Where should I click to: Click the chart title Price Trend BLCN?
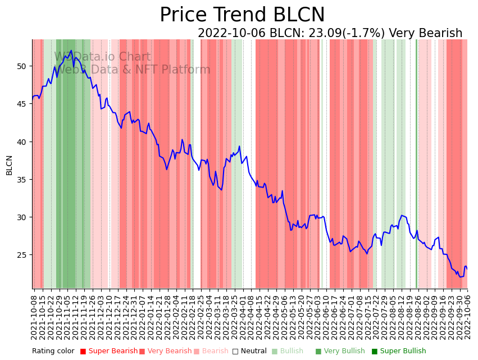(x=242, y=15)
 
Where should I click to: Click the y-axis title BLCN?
(x=9, y=165)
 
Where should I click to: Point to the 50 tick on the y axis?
(x=22, y=66)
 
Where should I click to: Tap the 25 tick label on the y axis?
(x=22, y=255)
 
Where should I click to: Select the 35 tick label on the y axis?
(x=22, y=180)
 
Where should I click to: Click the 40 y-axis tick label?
(x=22, y=142)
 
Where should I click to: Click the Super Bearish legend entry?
(x=108, y=352)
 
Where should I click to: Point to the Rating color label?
(x=53, y=352)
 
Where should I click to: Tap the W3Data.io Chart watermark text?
(x=102, y=57)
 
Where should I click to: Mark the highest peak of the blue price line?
(x=71, y=51)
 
